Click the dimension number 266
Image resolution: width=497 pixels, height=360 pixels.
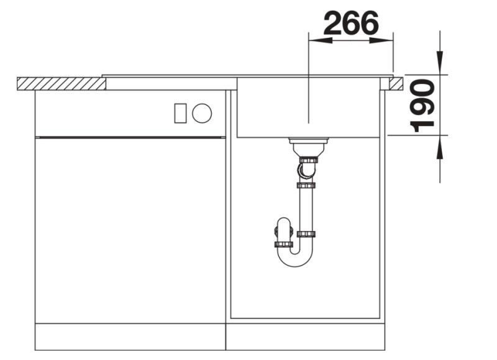click(x=351, y=22)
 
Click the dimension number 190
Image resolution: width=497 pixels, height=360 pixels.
click(x=422, y=106)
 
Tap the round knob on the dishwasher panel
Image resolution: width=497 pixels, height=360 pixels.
click(x=201, y=113)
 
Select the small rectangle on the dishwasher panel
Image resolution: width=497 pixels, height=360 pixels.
click(x=180, y=113)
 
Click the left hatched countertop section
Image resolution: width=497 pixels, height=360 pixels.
click(x=62, y=84)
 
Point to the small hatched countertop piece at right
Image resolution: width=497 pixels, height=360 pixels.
click(x=396, y=84)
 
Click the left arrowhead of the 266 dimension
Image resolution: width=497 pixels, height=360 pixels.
click(x=320, y=40)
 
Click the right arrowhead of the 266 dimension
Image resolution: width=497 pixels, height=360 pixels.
click(x=381, y=40)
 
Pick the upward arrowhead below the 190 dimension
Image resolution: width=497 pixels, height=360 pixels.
click(x=440, y=147)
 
